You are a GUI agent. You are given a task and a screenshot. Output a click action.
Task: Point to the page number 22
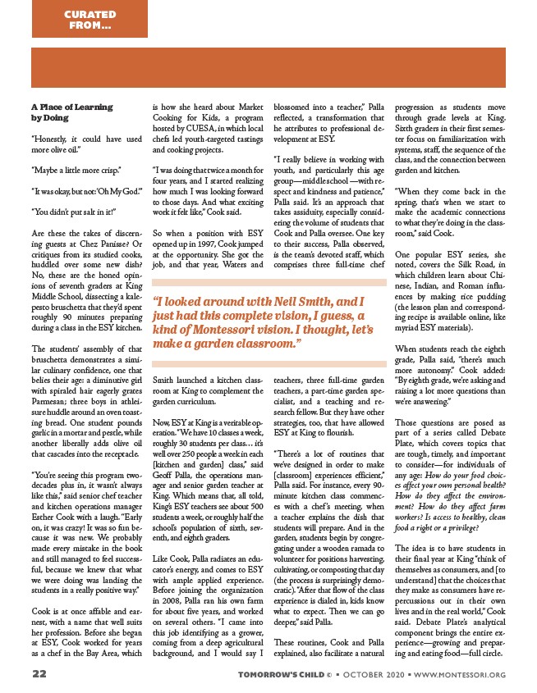(39, 673)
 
